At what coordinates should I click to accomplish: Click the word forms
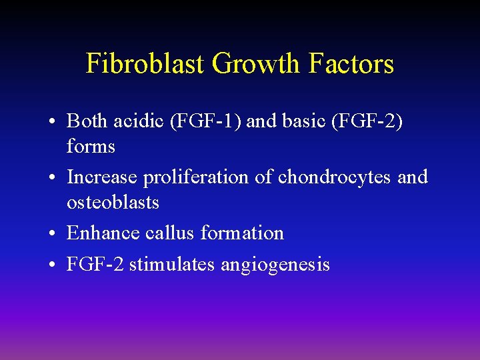point(91,146)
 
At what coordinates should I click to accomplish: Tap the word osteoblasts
point(113,202)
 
